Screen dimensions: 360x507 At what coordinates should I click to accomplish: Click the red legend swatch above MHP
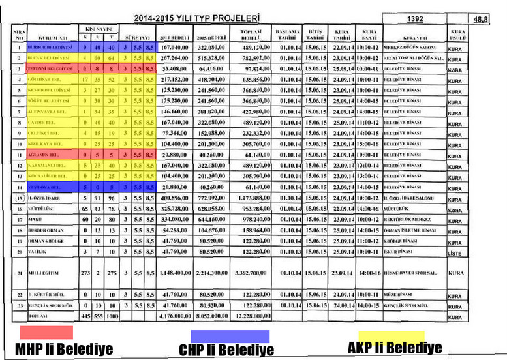pyautogui.click(x=46, y=332)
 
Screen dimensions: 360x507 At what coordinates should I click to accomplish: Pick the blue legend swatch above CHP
pyautogui.click(x=225, y=336)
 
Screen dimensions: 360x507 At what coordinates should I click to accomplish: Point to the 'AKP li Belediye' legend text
pyautogui.click(x=395, y=348)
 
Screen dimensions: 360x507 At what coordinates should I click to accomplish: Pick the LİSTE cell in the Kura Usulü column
pyautogui.click(x=455, y=251)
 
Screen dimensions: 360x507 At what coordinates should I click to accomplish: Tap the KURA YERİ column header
pyautogui.click(x=411, y=37)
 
